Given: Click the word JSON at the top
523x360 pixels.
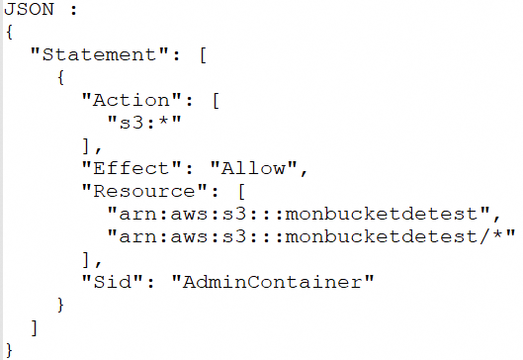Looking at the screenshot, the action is coord(29,9).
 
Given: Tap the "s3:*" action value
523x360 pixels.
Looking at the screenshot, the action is coord(144,123).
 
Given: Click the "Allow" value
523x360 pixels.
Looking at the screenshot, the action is coord(253,168).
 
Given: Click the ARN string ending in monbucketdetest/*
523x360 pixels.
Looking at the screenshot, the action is coord(311,236).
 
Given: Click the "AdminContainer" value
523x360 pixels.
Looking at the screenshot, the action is coord(273,282).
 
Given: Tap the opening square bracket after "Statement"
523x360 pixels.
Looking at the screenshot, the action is coord(203,54).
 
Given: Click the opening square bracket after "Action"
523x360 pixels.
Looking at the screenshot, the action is coord(216,101).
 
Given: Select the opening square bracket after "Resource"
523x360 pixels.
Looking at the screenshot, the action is coord(241,192).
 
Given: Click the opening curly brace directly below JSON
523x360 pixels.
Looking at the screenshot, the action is coord(10,33).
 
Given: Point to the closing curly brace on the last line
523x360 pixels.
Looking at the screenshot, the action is coord(9,350).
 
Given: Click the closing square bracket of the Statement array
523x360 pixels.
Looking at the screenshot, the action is coord(34,327).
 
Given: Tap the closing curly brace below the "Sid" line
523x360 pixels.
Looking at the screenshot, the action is coord(60,305).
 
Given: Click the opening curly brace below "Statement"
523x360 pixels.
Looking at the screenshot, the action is coord(60,77).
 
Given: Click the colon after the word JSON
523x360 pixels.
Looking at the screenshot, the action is coord(74,10).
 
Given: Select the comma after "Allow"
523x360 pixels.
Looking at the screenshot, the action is coord(304,172).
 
